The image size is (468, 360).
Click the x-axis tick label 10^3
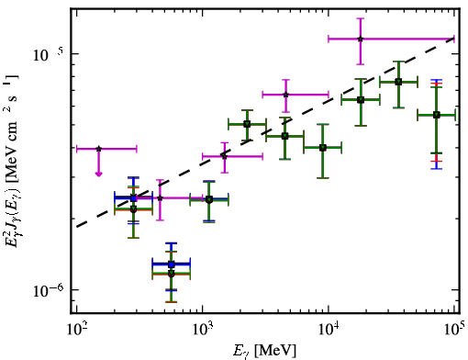tap(203, 330)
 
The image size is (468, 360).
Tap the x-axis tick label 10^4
tap(329, 330)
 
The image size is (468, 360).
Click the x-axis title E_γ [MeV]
tap(265, 351)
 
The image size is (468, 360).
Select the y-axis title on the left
tap(12, 162)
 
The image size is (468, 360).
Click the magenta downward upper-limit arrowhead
tap(98, 174)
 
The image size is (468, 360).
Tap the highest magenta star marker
tap(361, 39)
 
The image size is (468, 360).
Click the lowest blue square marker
tap(172, 264)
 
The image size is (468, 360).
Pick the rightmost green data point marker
tap(437, 115)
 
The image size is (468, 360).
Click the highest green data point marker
tap(398, 82)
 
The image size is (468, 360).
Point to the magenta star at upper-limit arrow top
tap(98, 149)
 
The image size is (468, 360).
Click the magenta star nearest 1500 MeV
tap(225, 156)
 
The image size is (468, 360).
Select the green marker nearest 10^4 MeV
tap(322, 148)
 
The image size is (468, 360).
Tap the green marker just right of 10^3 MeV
tap(209, 200)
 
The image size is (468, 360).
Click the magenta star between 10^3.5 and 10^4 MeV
tap(285, 95)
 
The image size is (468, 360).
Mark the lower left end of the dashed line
tap(77, 227)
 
